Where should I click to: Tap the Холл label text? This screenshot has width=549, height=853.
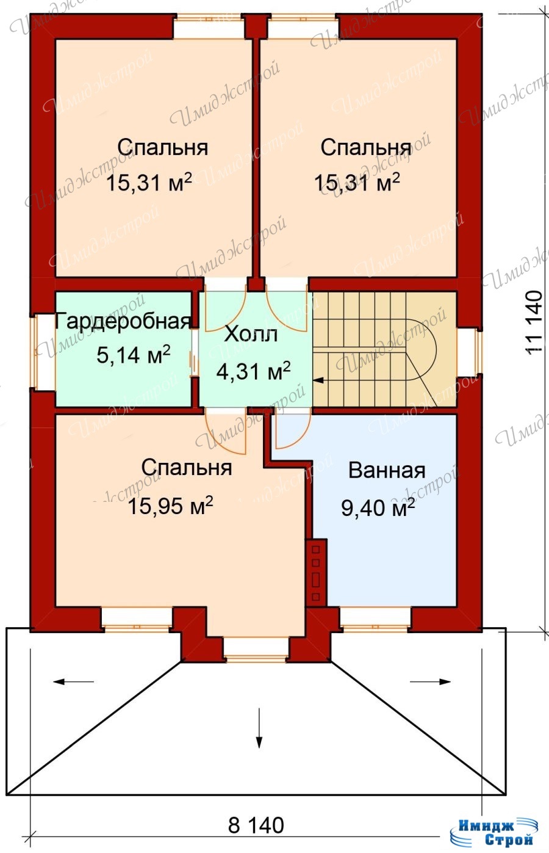(251, 335)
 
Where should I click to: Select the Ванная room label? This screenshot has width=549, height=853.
(387, 471)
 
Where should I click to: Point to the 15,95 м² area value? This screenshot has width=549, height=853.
(170, 506)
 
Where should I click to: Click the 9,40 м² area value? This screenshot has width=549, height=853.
(378, 507)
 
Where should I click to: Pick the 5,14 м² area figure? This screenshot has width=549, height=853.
(133, 355)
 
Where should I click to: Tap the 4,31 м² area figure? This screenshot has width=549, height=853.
(253, 371)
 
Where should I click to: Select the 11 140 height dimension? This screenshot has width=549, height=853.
(534, 323)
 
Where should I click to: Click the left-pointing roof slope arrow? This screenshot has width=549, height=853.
(73, 681)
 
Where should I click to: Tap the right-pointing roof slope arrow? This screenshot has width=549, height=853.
(431, 681)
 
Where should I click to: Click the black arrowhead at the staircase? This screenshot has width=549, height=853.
(318, 380)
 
